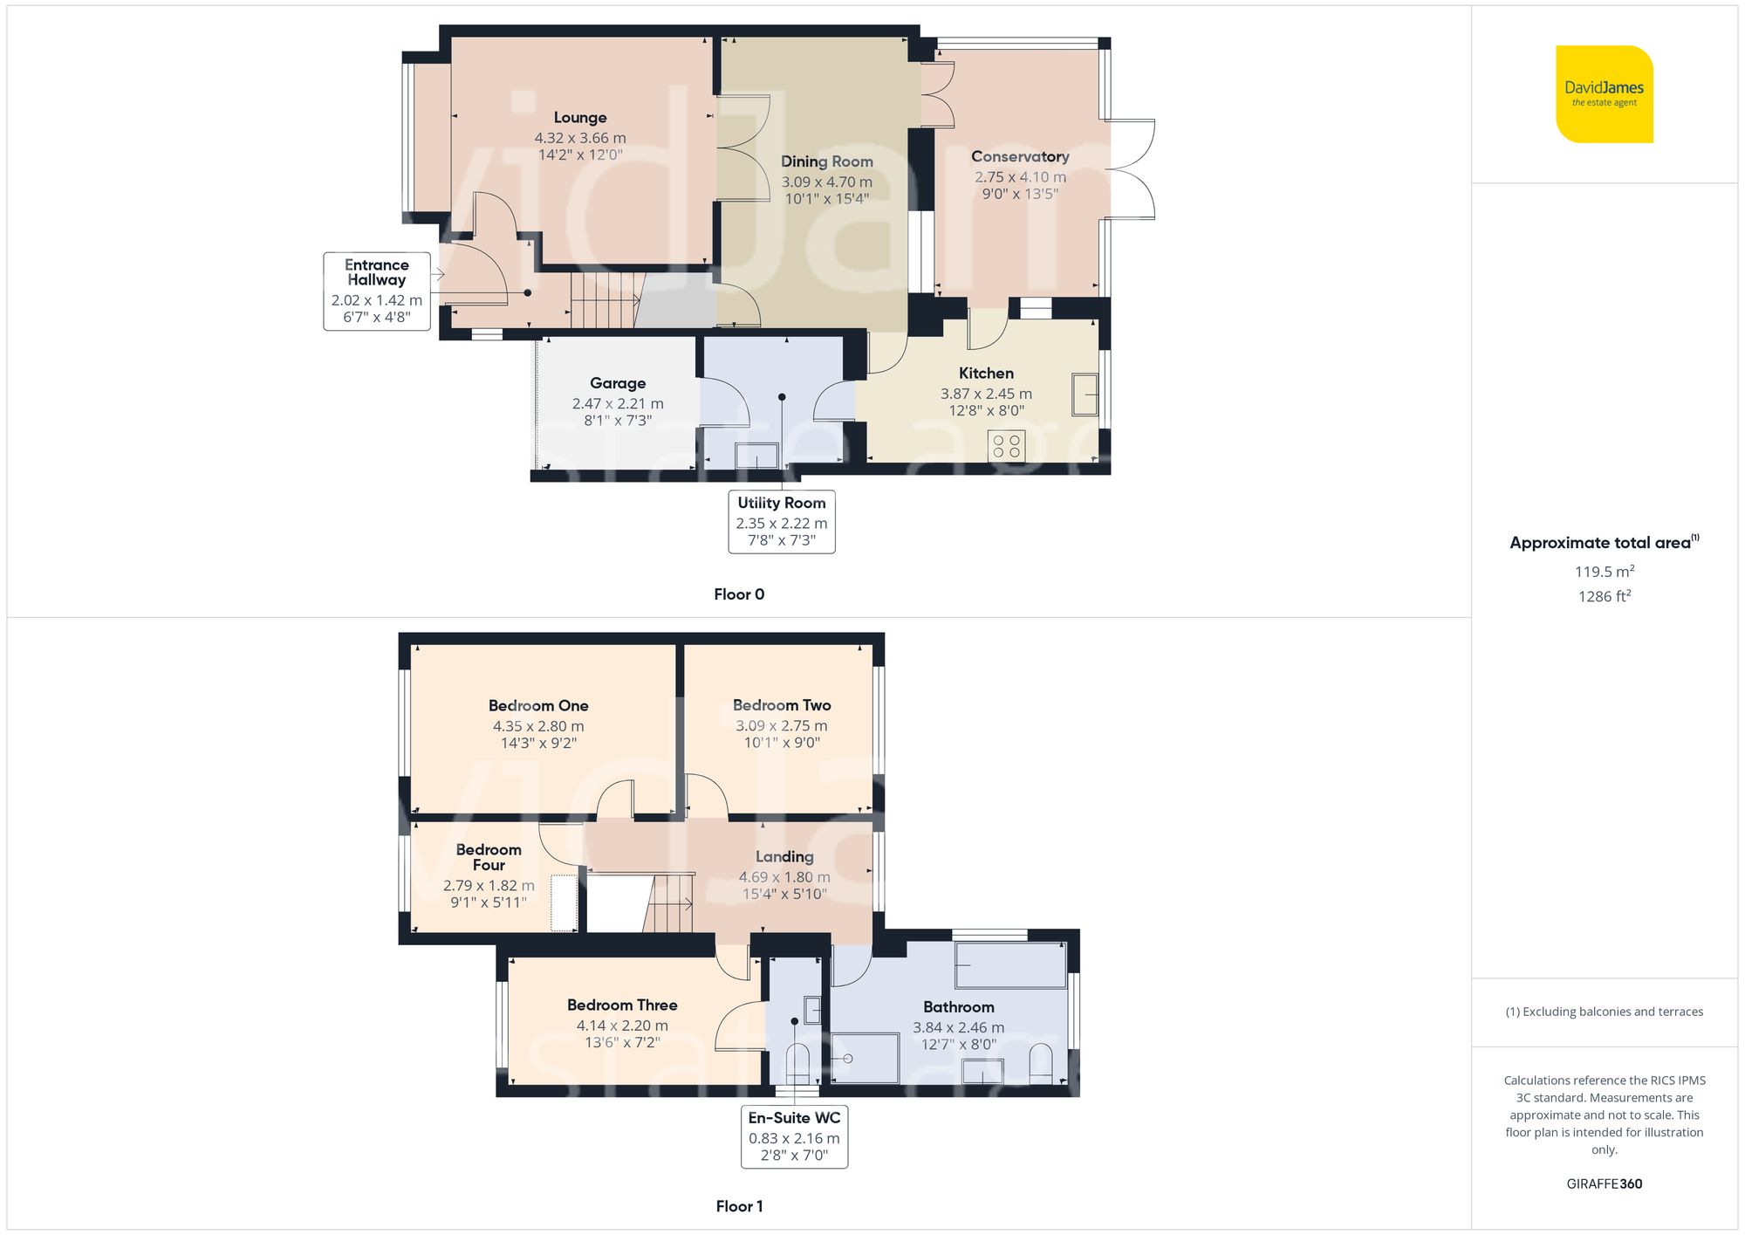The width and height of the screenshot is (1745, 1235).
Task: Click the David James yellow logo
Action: [1604, 94]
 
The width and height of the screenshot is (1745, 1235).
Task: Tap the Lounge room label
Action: [580, 118]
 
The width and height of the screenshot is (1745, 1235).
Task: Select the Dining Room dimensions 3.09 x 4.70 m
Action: [826, 182]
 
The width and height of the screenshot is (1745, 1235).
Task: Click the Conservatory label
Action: [1020, 157]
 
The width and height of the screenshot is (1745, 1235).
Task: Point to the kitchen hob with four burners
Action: [1006, 446]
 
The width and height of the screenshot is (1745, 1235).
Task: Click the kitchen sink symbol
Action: [1085, 395]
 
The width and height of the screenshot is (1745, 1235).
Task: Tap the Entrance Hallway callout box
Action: [377, 291]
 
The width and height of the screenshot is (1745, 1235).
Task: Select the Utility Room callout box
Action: [782, 521]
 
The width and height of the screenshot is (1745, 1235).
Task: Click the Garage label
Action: [618, 383]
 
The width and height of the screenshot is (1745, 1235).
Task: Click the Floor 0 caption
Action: [739, 594]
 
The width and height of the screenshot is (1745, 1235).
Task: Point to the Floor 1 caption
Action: [739, 1206]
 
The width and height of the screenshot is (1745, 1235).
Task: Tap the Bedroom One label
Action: [538, 705]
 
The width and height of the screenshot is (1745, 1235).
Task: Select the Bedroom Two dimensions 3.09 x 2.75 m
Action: [781, 725]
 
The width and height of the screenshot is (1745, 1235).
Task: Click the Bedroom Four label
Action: [489, 857]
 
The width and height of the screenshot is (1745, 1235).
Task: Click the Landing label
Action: [784, 857]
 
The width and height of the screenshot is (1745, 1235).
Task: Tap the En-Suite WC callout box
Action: [794, 1136]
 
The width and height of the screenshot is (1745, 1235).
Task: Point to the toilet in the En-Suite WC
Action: [797, 1064]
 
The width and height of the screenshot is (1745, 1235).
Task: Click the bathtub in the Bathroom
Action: [1009, 964]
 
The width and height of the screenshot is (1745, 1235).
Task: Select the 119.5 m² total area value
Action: [1604, 572]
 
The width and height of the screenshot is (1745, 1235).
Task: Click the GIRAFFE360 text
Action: [1604, 1184]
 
